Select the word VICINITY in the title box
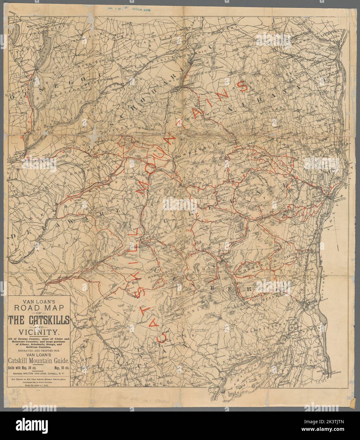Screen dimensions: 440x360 click(x=39, y=332)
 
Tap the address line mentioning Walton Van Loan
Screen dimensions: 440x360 click(x=39, y=374)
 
